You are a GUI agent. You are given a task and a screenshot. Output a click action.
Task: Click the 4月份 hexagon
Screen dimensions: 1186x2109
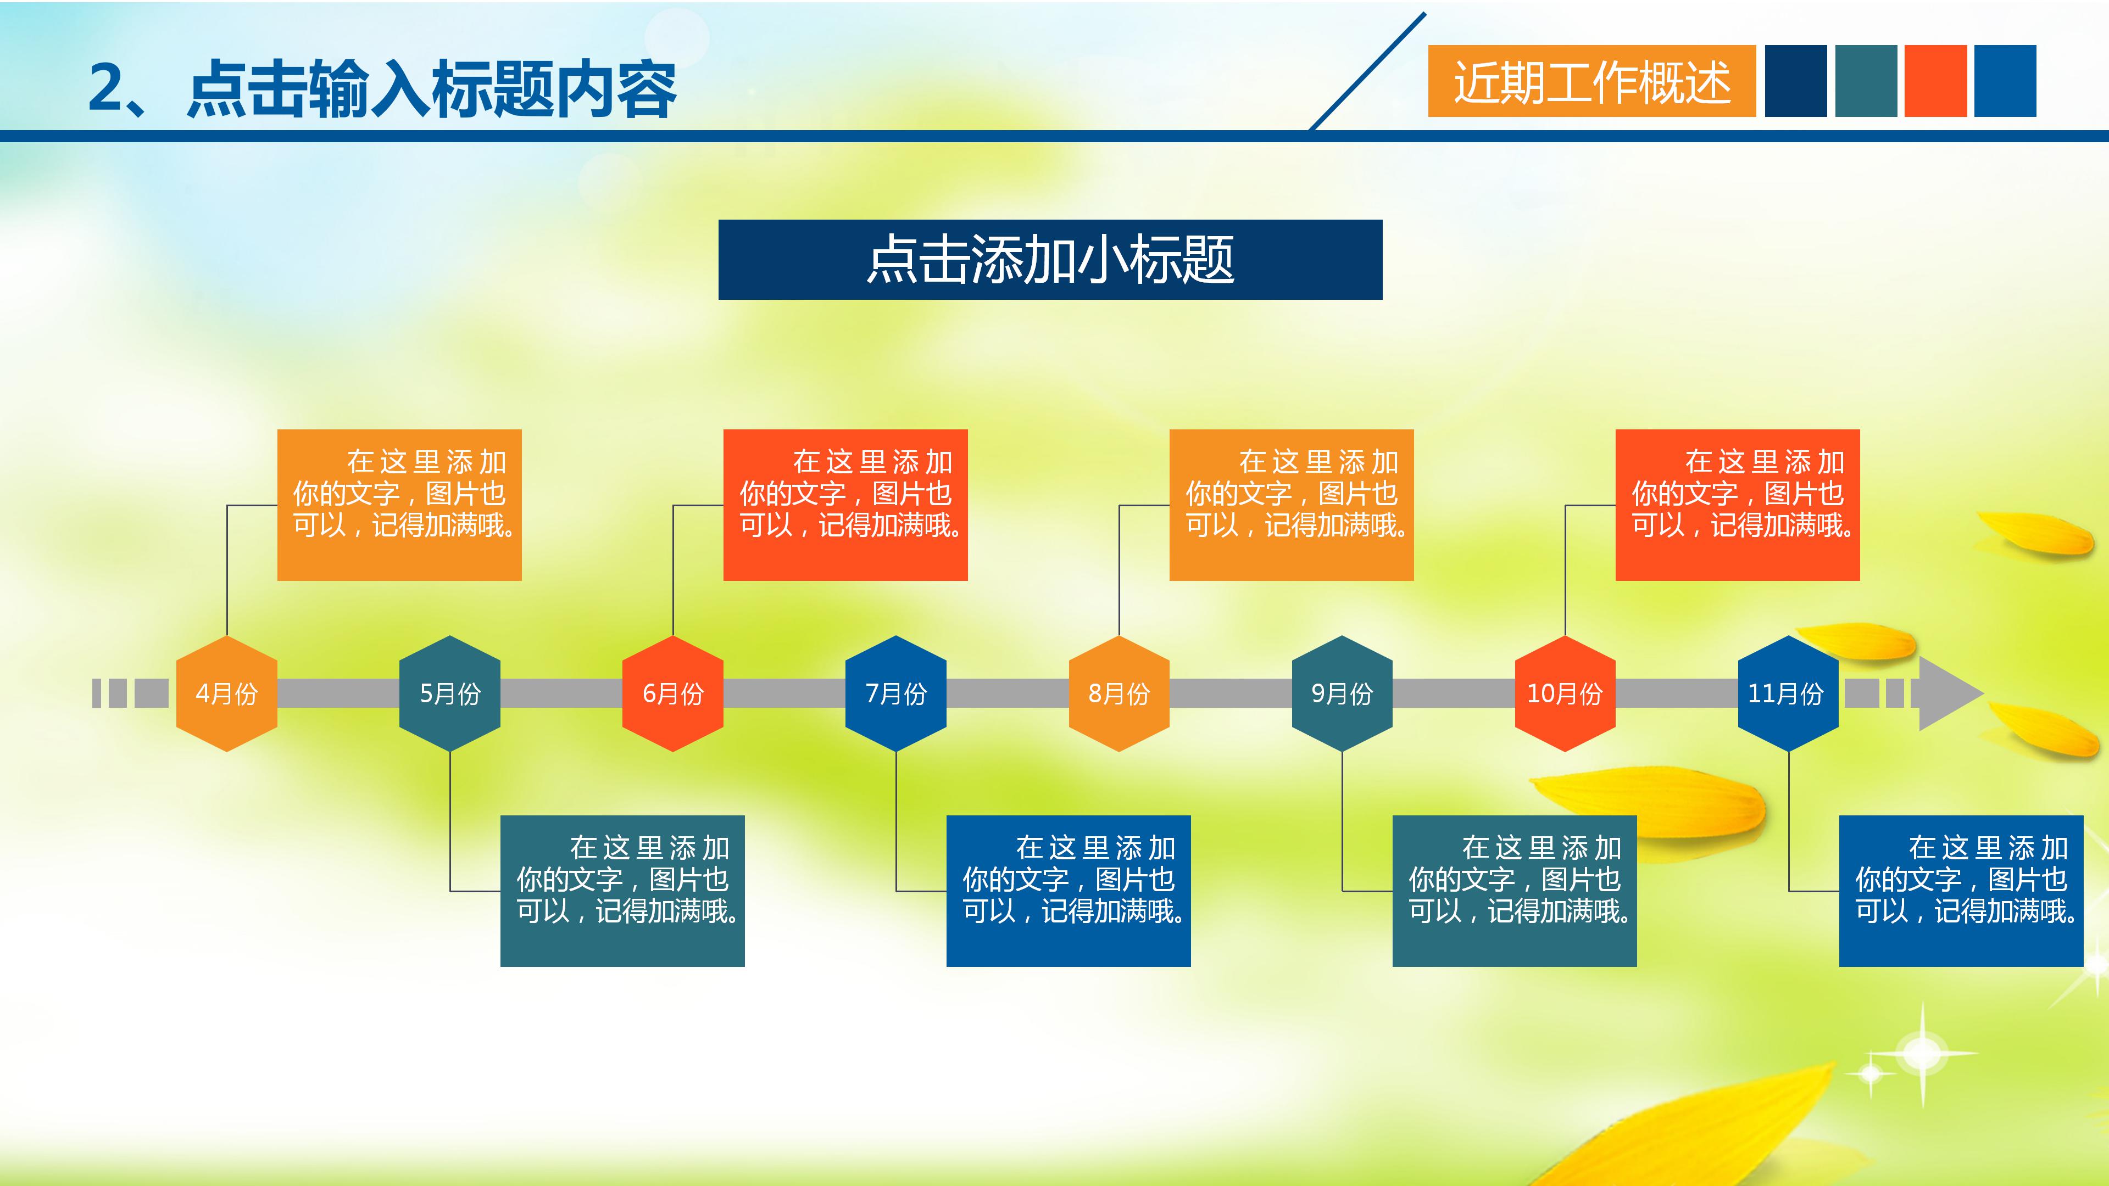point(227,693)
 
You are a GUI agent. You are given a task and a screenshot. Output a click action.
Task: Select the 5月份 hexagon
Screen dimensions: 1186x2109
point(449,693)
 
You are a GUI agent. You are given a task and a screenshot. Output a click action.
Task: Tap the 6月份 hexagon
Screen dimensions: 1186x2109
point(673,693)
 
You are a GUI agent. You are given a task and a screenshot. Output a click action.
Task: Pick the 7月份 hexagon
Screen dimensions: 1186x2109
point(895,693)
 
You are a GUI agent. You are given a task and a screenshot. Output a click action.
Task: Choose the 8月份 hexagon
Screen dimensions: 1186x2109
point(1119,693)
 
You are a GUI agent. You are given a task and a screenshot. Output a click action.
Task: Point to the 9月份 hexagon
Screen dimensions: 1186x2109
point(1342,693)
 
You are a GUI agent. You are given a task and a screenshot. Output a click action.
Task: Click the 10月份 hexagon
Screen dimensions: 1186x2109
point(1565,693)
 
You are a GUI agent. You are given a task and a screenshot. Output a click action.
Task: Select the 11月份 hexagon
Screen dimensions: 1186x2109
point(1788,693)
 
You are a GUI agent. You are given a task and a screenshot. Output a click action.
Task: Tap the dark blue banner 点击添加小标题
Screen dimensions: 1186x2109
point(1050,260)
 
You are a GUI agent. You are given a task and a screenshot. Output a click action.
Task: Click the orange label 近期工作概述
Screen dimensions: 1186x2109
point(1591,81)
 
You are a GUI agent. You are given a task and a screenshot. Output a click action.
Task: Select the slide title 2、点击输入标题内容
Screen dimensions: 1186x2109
point(382,88)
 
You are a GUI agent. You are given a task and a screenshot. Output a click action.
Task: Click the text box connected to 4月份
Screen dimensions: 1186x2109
point(399,505)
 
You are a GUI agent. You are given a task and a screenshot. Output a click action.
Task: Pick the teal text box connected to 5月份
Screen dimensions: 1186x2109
point(622,891)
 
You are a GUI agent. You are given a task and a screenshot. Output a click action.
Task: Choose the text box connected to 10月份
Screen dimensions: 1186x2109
point(1737,505)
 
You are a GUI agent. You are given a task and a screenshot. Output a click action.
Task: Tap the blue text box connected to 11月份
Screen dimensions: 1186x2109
point(1961,891)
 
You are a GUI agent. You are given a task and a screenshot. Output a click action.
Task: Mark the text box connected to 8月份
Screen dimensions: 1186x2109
point(1291,505)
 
